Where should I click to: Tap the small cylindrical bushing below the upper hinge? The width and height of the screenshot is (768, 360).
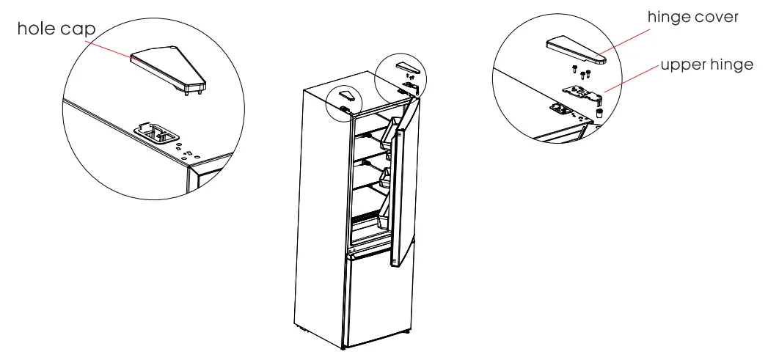point(599,114)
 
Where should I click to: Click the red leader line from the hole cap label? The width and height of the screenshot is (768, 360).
point(110,48)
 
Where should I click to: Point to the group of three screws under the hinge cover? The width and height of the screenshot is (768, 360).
point(581,72)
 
